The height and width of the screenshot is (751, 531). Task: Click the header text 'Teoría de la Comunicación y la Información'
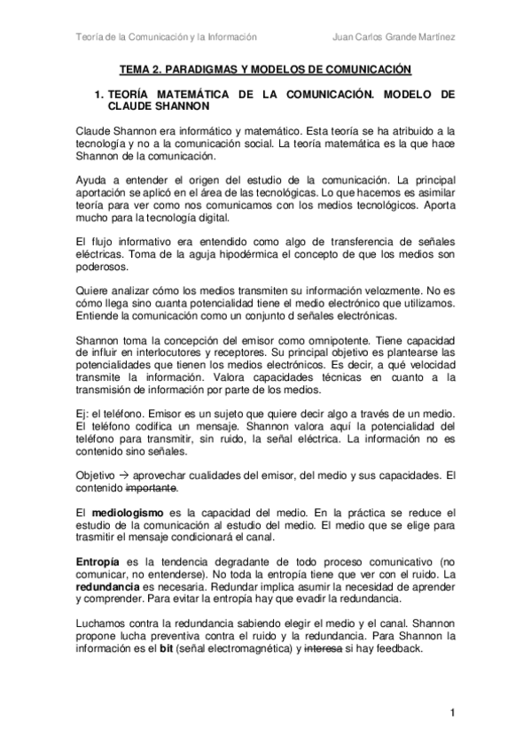pos(166,37)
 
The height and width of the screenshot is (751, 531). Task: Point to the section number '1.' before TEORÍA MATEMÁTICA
pos(99,93)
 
